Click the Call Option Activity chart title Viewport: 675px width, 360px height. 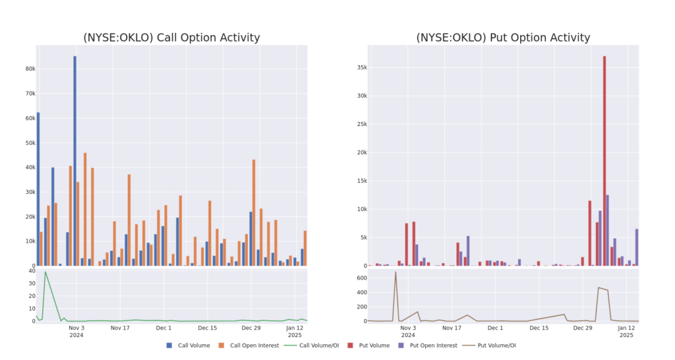171,38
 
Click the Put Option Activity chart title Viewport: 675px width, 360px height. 503,38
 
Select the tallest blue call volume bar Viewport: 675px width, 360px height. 74,158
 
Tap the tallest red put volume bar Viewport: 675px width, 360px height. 604,158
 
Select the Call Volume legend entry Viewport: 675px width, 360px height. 191,345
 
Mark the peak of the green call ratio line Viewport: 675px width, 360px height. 45,272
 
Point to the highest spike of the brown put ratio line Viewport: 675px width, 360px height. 396,272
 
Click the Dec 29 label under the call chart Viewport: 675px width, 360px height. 250,328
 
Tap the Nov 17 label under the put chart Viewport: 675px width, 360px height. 452,328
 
